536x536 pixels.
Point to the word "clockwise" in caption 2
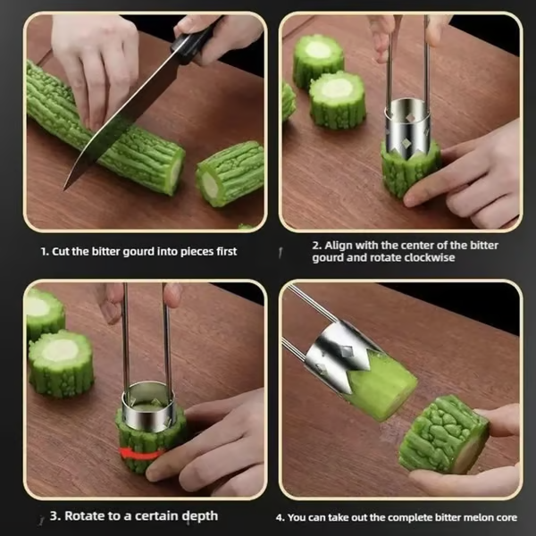click(432, 258)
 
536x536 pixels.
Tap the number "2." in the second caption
click(317, 245)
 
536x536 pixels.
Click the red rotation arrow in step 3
click(144, 453)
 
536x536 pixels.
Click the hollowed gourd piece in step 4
click(443, 434)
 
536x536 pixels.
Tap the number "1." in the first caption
click(45, 252)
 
